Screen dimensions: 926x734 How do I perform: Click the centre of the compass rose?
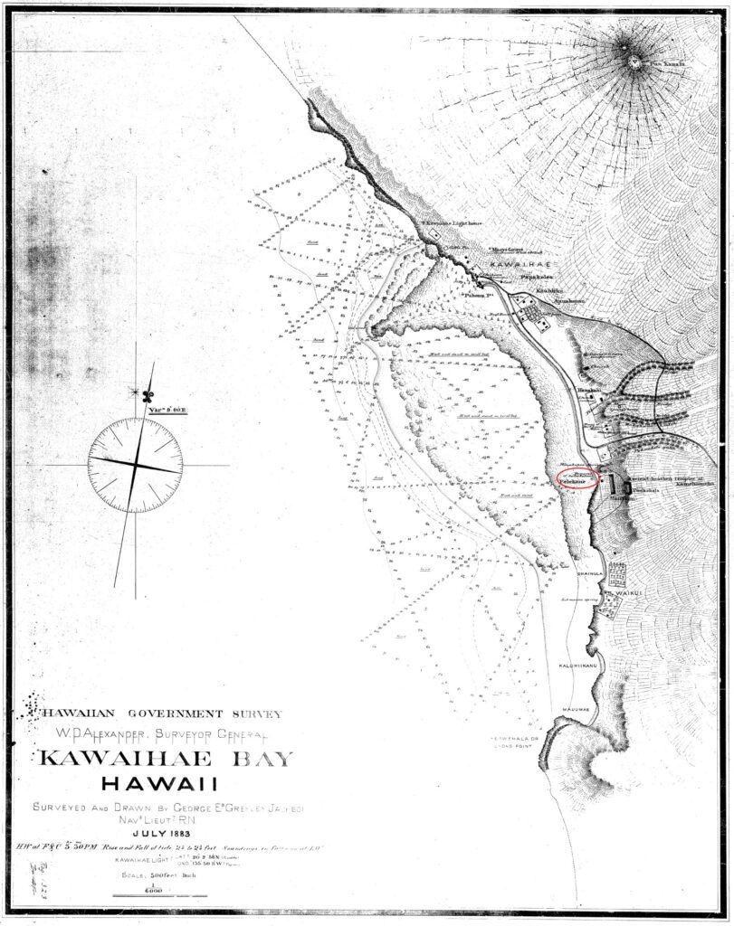coord(136,464)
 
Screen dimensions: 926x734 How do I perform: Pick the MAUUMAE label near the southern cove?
coord(575,709)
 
